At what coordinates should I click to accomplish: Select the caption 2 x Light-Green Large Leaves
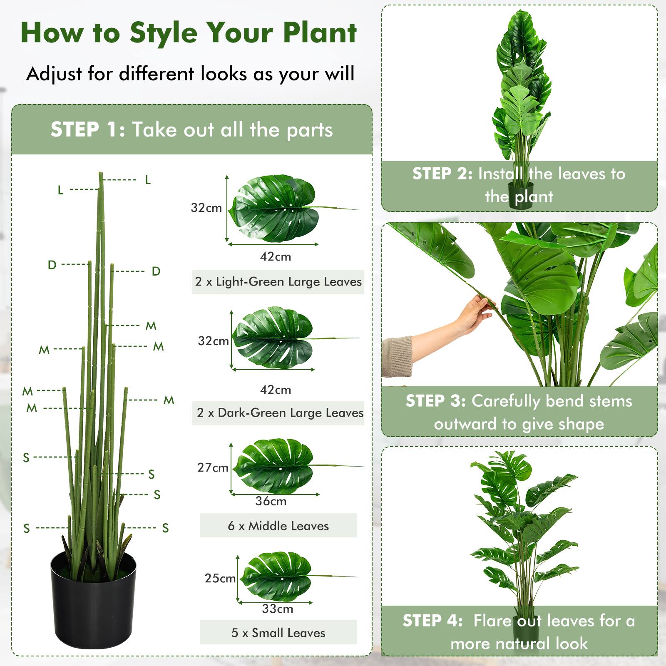point(278,282)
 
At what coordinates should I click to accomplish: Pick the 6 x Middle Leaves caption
point(278,526)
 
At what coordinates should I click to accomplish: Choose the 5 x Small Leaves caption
point(278,633)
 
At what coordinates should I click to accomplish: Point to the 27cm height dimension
point(213,467)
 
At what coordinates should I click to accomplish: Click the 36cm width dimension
point(271,501)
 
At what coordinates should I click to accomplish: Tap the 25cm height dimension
point(220,578)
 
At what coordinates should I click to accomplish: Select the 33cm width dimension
point(277,609)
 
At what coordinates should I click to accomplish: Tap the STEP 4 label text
point(432,621)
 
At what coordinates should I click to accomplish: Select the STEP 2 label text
point(442,174)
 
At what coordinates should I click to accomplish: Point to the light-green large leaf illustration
point(275,208)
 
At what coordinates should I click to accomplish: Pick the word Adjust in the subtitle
point(54,74)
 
